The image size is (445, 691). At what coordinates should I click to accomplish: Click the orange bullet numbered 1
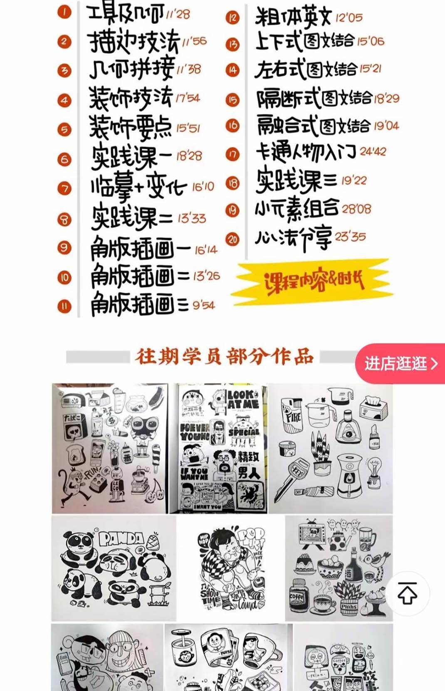pos(64,12)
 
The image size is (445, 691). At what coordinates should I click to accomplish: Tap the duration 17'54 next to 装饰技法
pos(188,99)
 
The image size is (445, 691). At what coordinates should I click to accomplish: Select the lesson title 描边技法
pos(134,42)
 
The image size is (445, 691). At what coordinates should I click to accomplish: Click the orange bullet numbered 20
pos(232,239)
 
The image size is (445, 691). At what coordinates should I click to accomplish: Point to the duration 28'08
pos(356,208)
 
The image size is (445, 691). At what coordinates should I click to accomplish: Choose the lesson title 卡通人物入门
pos(306,153)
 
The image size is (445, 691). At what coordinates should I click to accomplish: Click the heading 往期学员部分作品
pos(224,357)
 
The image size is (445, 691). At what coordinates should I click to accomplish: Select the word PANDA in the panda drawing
pos(121,539)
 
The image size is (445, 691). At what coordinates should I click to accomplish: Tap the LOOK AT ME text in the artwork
pos(243,399)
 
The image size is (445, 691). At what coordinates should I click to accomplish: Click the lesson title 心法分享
pos(293,238)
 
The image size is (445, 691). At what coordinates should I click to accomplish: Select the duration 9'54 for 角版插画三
pos(203,306)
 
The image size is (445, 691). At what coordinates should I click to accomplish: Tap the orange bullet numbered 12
pos(232,18)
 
